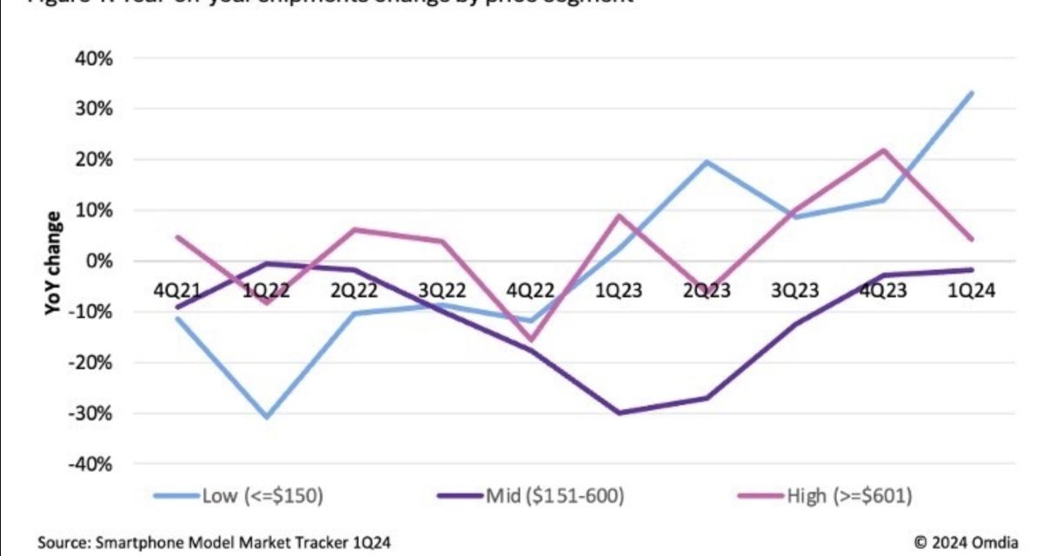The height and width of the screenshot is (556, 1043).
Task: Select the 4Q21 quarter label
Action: [176, 292]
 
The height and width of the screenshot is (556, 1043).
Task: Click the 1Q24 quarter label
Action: [971, 292]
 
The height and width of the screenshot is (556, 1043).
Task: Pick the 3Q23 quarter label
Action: [794, 292]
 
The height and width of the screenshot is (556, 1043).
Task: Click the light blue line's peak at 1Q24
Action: [971, 92]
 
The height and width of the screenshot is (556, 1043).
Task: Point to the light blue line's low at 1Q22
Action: [266, 418]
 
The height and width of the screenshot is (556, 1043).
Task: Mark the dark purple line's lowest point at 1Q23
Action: [619, 413]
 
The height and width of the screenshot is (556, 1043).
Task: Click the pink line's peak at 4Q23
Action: [883, 150]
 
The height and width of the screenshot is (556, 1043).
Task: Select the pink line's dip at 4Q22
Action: [530, 340]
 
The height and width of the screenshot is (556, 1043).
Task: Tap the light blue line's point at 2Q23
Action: [708, 162]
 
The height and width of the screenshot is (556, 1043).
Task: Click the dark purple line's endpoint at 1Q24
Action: [971, 269]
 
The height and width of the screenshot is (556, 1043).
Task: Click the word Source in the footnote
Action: [60, 543]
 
